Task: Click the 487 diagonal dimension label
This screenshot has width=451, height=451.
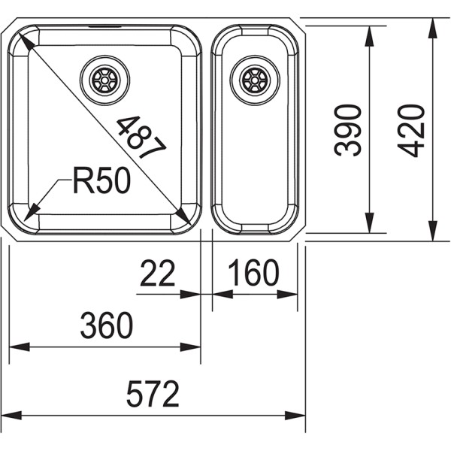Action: pyautogui.click(x=141, y=137)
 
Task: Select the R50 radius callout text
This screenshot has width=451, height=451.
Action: pyautogui.click(x=101, y=180)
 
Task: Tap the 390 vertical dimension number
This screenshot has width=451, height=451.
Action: pyautogui.click(x=347, y=130)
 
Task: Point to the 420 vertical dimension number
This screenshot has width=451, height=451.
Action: pyautogui.click(x=410, y=131)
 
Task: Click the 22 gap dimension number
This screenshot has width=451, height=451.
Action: pyautogui.click(x=158, y=273)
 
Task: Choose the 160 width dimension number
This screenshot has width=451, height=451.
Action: pyautogui.click(x=254, y=273)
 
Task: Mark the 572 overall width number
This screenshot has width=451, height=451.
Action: pyautogui.click(x=153, y=394)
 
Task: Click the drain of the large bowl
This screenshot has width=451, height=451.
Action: pyautogui.click(x=104, y=80)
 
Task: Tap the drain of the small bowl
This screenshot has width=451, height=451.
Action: pyautogui.click(x=255, y=80)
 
